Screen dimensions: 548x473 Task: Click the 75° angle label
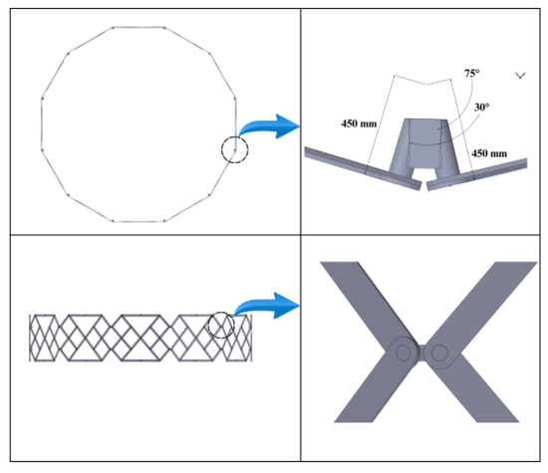point(472,74)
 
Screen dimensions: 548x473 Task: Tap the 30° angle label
point(481,108)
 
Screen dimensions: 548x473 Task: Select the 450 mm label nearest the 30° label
point(489,153)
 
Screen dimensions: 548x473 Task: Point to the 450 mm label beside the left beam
point(359,123)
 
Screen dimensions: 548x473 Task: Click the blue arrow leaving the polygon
point(269,126)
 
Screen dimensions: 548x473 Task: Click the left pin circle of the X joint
point(403,353)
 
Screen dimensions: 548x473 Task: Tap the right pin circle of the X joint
point(439,353)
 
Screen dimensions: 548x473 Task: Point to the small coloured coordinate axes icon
point(520,75)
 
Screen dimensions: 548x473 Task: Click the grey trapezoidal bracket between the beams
point(424,145)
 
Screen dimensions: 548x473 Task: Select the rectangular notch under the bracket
point(424,172)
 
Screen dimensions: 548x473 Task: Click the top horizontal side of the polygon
point(138,27)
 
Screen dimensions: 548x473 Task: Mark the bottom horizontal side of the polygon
point(138,221)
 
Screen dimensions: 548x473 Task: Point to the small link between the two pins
point(421,353)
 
